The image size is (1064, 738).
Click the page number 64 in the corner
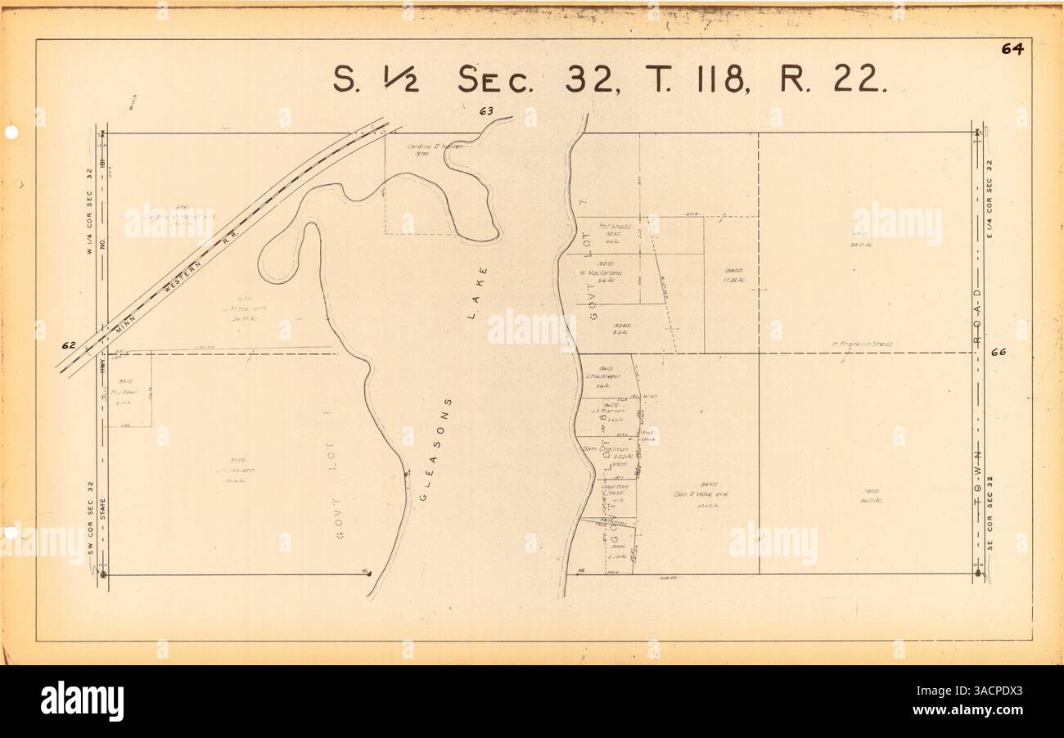coord(1012,49)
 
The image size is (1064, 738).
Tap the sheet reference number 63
coord(488,110)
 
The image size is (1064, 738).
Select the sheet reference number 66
coord(997,353)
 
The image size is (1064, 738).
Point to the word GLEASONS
coord(435,451)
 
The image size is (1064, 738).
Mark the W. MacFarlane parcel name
coord(602,272)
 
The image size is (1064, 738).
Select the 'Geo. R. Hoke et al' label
coord(701,495)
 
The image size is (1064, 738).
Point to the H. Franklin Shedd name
coord(861,344)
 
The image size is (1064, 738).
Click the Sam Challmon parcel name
coord(605,449)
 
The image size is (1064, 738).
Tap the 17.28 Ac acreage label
coord(733,281)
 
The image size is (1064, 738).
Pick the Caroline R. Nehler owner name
coord(435,146)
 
